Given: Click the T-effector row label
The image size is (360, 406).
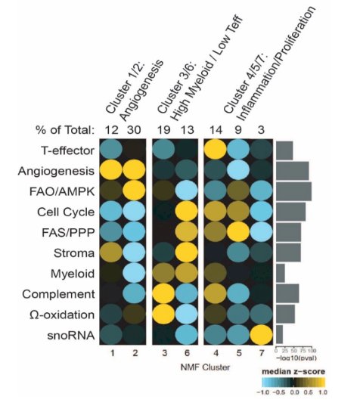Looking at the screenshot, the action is pos(67,150).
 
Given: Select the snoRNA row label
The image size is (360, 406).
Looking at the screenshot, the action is pos(70,336).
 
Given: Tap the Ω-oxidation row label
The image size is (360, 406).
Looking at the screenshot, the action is pos(62,315).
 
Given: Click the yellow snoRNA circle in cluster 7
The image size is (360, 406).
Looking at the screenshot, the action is pos(261,336).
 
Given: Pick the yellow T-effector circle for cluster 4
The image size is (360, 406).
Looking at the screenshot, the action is pos(216,150).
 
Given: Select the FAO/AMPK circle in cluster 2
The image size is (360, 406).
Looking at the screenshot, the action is pos(134,191).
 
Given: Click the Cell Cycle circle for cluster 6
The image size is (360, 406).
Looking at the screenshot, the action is pos(187,211).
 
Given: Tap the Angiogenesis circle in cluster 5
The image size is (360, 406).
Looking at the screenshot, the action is pos(238,170).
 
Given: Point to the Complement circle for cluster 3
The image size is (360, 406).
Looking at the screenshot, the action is pos(163,293).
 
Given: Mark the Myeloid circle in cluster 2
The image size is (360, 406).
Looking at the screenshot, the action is pos(134,273).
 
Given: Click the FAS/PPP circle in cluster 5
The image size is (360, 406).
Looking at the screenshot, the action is pos(238,232).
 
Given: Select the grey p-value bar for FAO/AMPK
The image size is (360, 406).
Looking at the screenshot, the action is pos(293,191).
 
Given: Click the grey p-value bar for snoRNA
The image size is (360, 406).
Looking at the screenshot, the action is pos(279,334).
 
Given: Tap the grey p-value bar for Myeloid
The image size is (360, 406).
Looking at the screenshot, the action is pos(281,273).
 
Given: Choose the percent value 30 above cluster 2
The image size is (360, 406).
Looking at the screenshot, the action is pos(134,130).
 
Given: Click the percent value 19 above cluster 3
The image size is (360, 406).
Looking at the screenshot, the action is pos(164,130).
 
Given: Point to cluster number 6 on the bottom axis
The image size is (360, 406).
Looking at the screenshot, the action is pos(187,353).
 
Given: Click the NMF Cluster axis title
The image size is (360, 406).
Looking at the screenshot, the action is pos(205,367).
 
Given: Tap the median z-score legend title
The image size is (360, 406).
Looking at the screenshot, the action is pos(293,371).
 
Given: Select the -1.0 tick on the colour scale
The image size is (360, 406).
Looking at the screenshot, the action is pos(263,392).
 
